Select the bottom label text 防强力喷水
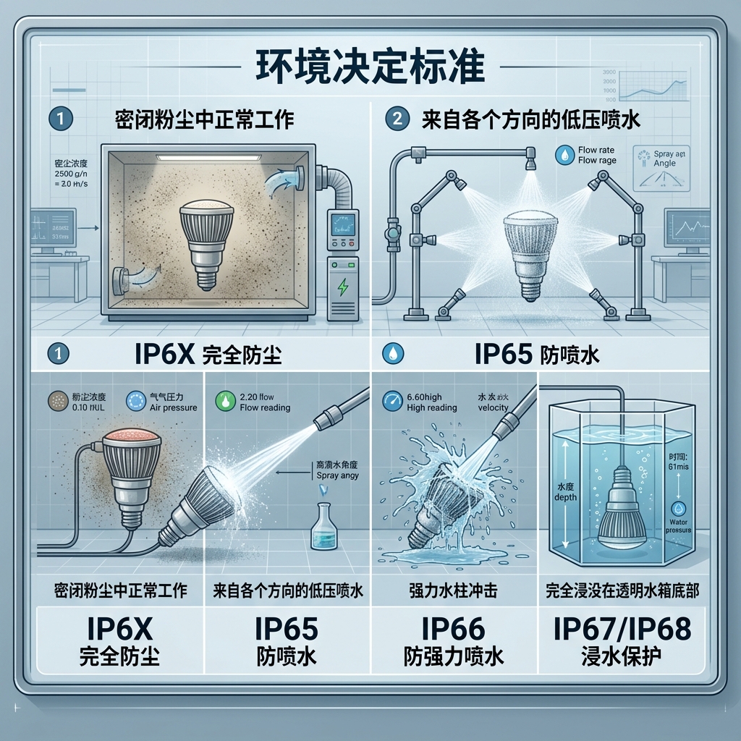[x=454, y=657]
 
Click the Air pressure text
[x=173, y=407]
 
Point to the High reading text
[x=433, y=407]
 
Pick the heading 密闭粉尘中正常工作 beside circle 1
[x=205, y=119]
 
